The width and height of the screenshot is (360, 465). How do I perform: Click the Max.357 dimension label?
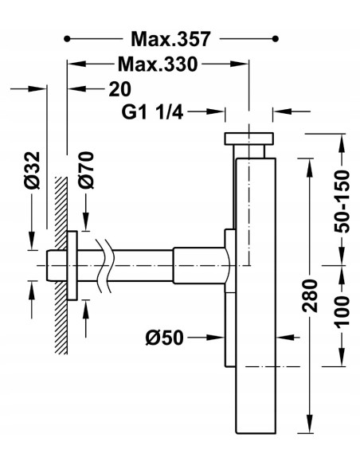(170, 38)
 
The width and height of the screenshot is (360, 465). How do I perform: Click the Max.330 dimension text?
(158, 64)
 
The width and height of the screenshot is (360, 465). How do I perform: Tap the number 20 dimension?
(119, 89)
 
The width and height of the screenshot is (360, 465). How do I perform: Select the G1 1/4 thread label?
(152, 112)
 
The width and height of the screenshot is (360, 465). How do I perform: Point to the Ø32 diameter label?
(32, 170)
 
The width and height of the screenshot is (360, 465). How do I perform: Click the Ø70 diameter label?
(86, 170)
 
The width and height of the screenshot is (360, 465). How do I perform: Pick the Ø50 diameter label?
(165, 338)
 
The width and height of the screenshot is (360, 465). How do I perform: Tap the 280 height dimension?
(310, 295)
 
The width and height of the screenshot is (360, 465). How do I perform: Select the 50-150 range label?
(342, 201)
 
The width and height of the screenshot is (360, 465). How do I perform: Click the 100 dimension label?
(342, 312)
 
